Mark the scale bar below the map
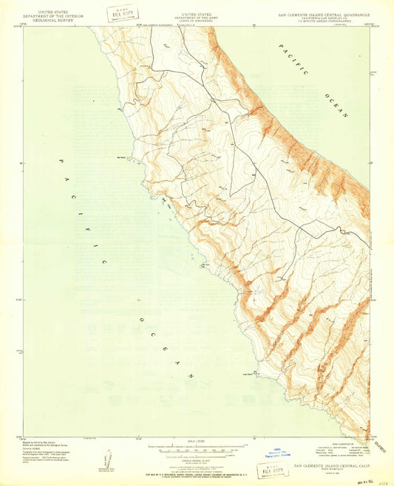tap(195, 448)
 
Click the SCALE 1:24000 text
tap(195, 442)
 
